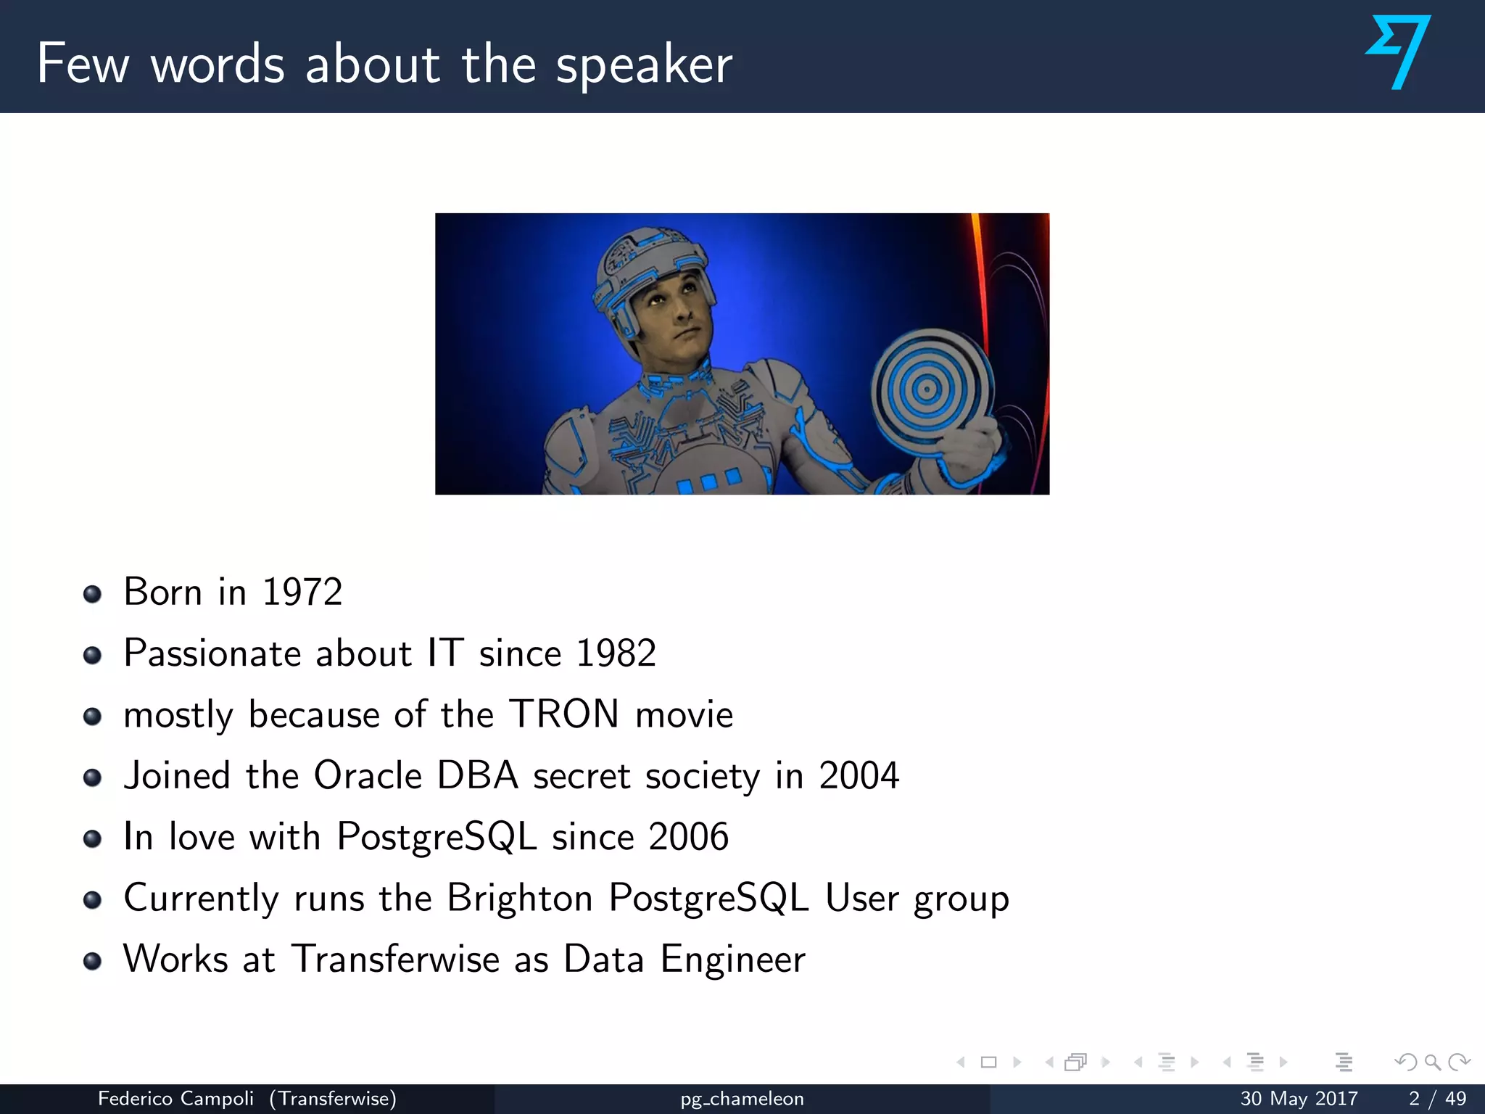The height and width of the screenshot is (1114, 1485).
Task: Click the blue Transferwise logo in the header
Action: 1399,52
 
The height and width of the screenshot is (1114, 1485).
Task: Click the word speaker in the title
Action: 644,65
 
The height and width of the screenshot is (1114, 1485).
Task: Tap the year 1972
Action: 302,592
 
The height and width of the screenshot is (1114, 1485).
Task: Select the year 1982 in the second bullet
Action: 616,653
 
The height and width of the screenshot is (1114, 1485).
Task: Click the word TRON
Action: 564,714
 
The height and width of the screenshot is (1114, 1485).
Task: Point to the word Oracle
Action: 368,775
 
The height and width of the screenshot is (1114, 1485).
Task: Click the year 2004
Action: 859,775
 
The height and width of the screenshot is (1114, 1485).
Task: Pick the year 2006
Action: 688,836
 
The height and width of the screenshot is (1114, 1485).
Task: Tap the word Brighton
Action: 520,898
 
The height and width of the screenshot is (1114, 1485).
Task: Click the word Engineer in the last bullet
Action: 732,959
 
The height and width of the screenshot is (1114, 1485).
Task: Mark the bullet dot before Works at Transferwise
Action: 92,962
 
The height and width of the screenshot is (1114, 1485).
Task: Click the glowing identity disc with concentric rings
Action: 927,389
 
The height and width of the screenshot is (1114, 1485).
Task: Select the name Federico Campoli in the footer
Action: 175,1099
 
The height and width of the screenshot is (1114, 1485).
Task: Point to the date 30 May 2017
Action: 1299,1099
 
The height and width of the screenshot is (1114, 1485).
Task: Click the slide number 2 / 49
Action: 1437,1099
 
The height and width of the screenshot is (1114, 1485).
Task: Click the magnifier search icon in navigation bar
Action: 1432,1063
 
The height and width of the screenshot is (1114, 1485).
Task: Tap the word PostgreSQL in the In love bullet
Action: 437,836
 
